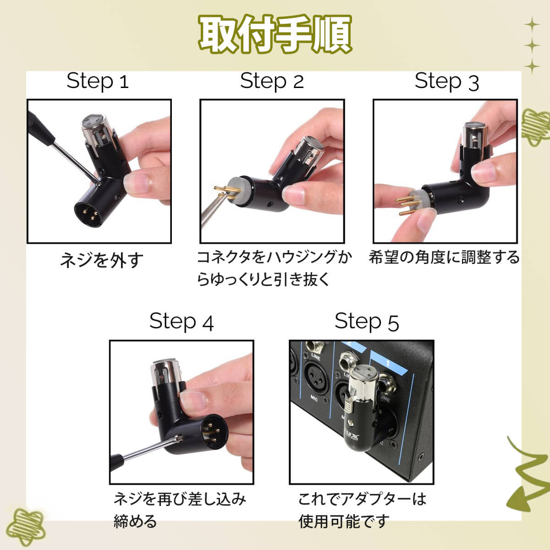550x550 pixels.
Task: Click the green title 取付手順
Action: point(275,34)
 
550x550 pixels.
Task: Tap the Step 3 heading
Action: point(447,82)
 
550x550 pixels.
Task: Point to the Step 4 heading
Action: point(181,321)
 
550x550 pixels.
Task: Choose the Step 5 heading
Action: point(367,321)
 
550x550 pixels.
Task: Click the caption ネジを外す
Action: point(102,260)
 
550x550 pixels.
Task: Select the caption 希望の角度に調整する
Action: point(444,257)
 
